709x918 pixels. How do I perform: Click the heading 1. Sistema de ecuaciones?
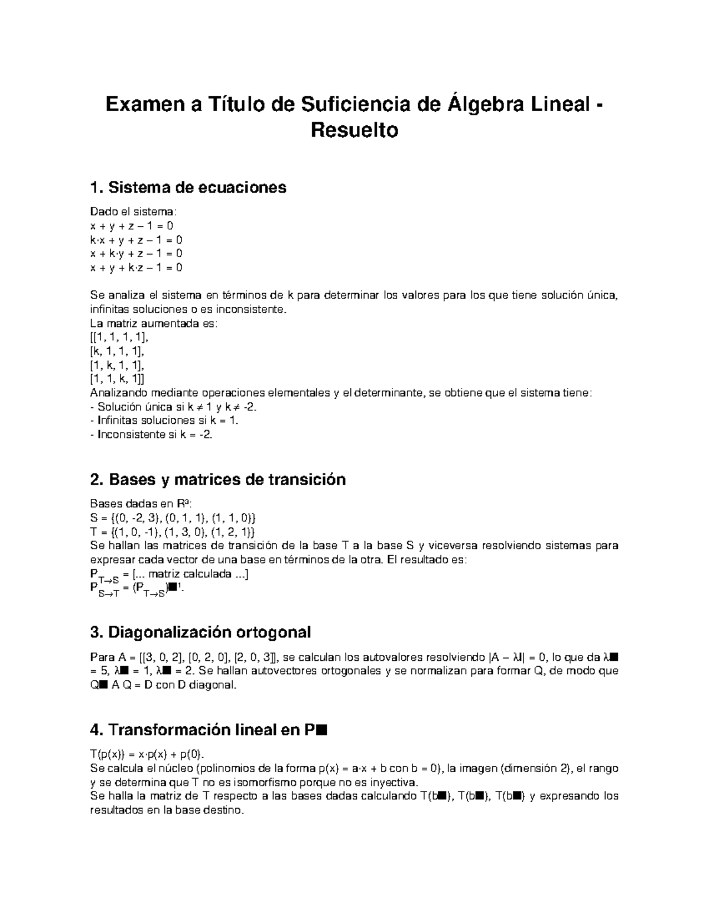tap(188, 187)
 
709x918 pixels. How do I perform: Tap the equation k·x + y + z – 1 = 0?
tap(136, 240)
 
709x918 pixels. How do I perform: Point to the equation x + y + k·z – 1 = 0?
tap(136, 267)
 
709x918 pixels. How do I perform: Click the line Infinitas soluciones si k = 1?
tap(164, 420)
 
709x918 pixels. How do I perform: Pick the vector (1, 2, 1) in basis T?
tap(232, 531)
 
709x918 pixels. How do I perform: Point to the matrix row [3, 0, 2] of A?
tap(157, 657)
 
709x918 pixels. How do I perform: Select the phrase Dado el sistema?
tap(133, 212)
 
